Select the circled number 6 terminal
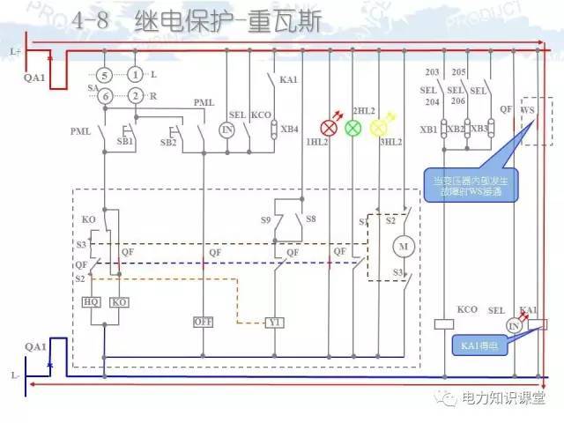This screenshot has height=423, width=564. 104,95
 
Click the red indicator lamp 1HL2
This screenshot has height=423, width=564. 330,129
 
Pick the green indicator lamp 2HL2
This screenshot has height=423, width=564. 352,129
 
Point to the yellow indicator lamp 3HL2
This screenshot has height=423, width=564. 379,129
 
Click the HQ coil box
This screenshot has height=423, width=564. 91,302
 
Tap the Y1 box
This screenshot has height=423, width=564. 276,322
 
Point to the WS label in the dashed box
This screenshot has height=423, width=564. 529,110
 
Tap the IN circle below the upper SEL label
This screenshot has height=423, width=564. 227,130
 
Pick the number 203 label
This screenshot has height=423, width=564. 432,72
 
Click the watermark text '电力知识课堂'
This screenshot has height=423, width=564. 501,399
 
